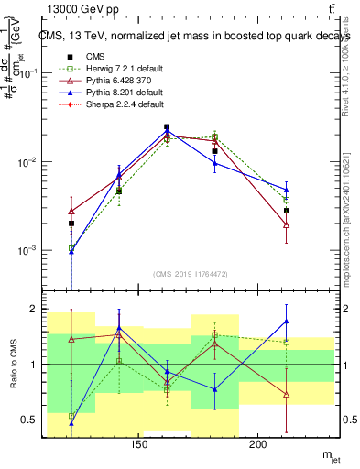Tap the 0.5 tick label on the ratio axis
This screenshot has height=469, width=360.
(x=28, y=420)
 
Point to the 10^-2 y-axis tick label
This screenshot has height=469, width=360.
(x=27, y=162)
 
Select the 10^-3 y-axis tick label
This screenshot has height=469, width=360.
(x=27, y=250)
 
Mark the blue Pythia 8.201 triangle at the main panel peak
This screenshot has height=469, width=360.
(x=167, y=132)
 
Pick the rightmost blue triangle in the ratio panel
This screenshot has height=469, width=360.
(x=286, y=322)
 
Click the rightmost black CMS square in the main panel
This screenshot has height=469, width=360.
(x=286, y=211)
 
